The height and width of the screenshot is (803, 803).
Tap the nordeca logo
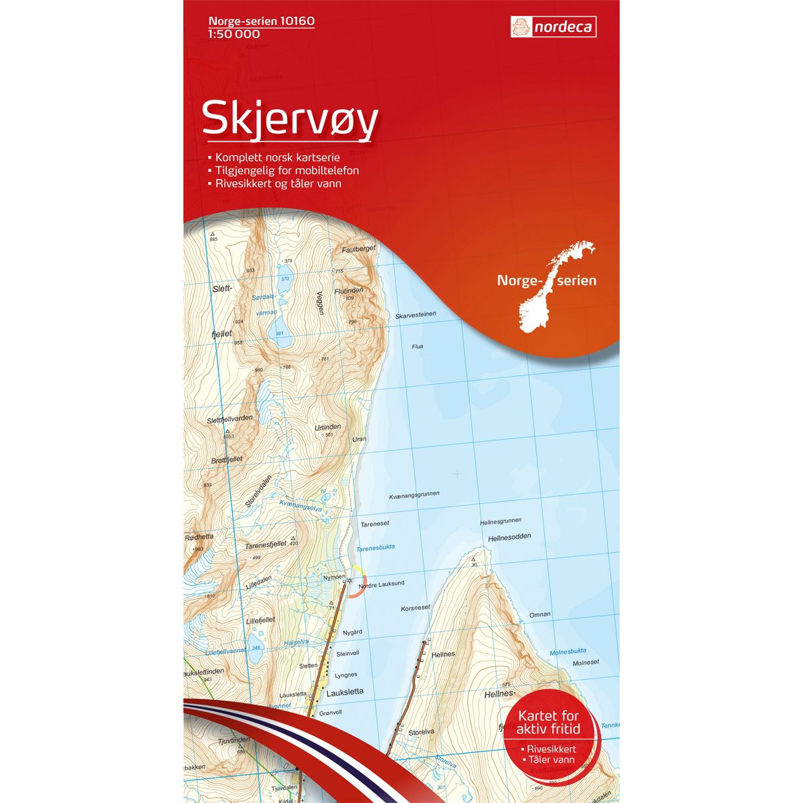553,27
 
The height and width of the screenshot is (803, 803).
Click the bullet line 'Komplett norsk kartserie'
278,157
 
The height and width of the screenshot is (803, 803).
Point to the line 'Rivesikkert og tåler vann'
278,183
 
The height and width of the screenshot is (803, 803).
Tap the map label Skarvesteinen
416,315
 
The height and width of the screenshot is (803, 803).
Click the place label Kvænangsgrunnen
414,495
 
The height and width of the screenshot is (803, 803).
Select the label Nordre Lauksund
381,584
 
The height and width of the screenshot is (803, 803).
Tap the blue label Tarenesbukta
375,547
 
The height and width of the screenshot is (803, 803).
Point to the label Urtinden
328,426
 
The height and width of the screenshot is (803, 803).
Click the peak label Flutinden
349,290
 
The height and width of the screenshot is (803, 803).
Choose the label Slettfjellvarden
230,419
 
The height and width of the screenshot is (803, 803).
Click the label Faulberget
359,248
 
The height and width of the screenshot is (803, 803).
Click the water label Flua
418,347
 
